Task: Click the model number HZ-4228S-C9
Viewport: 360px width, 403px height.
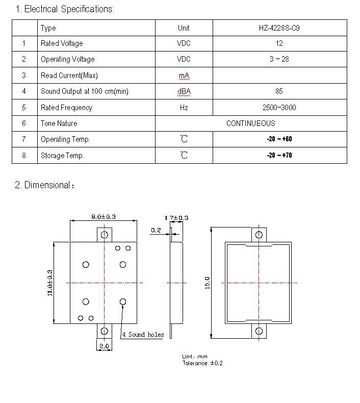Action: [x=279, y=28]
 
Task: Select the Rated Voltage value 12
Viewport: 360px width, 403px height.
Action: [x=279, y=43]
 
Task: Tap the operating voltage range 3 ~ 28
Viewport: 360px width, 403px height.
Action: [x=279, y=59]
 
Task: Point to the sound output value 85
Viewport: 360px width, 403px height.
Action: [x=279, y=91]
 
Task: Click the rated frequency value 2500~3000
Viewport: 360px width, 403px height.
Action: [x=279, y=108]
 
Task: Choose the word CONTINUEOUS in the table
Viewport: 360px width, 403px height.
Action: [x=250, y=123]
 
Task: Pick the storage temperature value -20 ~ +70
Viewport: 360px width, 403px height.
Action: [x=279, y=155]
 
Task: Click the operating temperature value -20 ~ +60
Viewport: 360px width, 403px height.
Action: [x=279, y=139]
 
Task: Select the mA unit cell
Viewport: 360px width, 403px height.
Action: [x=184, y=75]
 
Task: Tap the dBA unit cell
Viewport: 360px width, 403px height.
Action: [x=184, y=91]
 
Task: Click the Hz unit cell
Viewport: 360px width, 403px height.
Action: [x=184, y=108]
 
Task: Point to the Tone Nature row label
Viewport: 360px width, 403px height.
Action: [x=59, y=123]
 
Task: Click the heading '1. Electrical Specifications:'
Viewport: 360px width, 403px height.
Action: [x=65, y=9]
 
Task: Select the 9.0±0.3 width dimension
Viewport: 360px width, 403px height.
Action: [x=104, y=217]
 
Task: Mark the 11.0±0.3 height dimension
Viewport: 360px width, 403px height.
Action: [x=50, y=283]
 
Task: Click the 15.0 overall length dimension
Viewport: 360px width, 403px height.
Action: [x=208, y=283]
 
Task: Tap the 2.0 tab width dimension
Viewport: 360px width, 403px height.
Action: [x=104, y=346]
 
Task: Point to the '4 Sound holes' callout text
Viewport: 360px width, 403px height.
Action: [x=143, y=334]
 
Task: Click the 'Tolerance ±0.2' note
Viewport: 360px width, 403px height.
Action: [x=202, y=363]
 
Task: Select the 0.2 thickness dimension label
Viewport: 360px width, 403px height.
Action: [x=156, y=230]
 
